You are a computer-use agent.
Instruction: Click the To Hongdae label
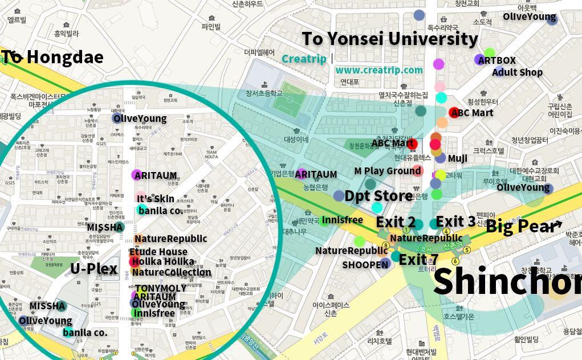click(52, 57)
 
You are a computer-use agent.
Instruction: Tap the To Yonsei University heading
click(389, 39)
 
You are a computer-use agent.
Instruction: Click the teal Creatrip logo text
click(304, 59)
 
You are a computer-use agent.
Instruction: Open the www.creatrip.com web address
click(379, 70)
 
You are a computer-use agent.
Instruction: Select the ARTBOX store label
click(496, 60)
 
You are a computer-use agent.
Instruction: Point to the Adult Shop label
click(517, 72)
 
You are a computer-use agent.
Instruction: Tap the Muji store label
click(458, 158)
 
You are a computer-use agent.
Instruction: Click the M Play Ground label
click(387, 170)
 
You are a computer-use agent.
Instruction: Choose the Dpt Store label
click(378, 196)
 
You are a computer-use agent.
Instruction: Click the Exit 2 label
click(396, 222)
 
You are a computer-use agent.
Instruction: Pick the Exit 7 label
click(418, 260)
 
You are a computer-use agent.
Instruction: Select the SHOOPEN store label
click(365, 264)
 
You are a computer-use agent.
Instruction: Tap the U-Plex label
click(94, 269)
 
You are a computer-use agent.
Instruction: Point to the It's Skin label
click(155, 199)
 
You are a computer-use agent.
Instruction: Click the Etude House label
click(158, 252)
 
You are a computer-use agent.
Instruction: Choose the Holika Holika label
click(162, 262)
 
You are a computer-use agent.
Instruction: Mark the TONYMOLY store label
click(161, 288)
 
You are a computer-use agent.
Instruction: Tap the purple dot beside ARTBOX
click(479, 59)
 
